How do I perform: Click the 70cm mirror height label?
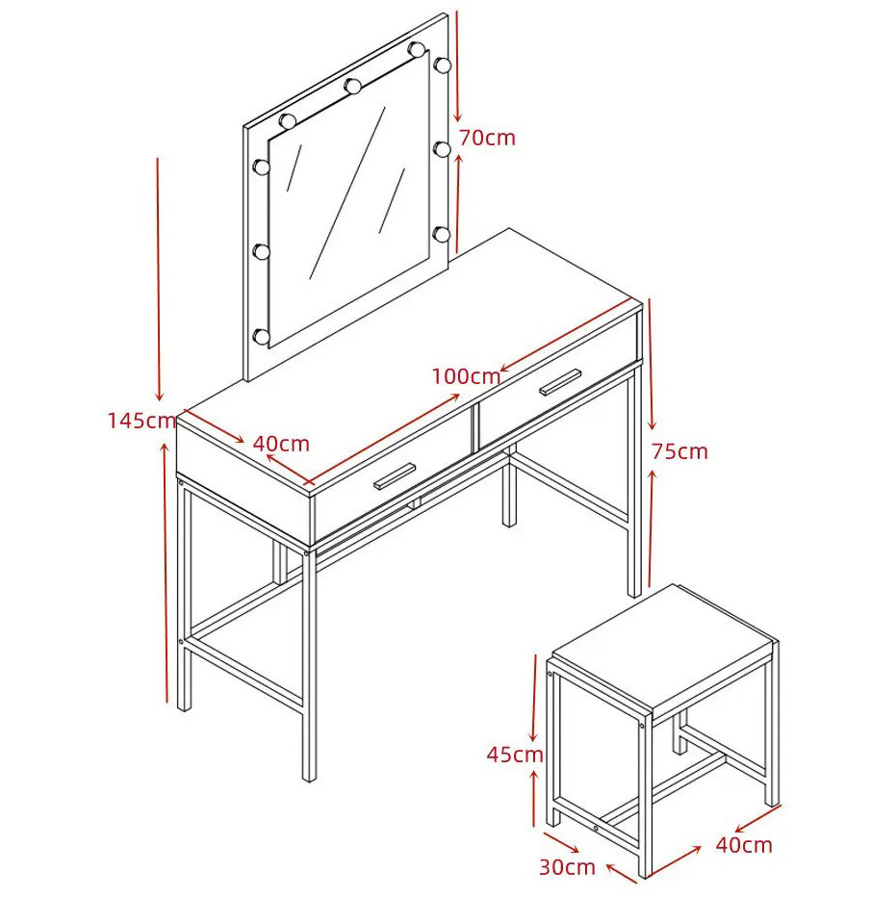coord(487,138)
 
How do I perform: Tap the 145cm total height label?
coord(141,421)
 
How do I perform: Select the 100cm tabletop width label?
coord(466,376)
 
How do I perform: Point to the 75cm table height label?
coord(679,452)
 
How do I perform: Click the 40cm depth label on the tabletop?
coord(281,444)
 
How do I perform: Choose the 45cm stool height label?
coord(514,755)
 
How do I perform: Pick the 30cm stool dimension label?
coord(567,866)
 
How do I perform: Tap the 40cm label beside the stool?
coord(744,844)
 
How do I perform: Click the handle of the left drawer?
coord(395,476)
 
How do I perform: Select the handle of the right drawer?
coord(560,381)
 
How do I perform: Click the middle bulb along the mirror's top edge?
coord(352,87)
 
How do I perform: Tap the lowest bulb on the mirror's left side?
coord(261,337)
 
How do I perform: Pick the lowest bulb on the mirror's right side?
coord(441,234)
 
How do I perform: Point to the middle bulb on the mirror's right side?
coord(441,149)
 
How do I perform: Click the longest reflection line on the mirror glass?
coord(347,193)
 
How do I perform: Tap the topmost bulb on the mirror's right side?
coord(441,64)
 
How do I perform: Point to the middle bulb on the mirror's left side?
coord(261,252)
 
